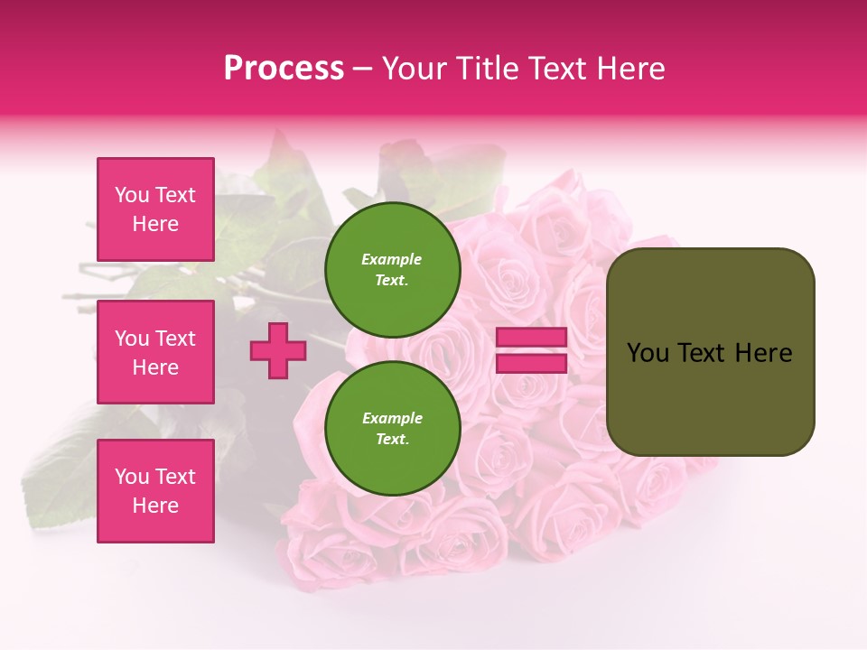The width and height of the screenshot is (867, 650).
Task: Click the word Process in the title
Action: click(284, 69)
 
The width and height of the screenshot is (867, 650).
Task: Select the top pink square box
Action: click(155, 209)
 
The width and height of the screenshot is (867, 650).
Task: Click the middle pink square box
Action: click(155, 352)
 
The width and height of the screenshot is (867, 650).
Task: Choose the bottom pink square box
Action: click(155, 491)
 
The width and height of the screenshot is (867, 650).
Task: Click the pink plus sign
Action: click(278, 350)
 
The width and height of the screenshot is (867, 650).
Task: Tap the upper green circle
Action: click(392, 270)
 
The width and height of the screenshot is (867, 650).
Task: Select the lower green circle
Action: click(392, 429)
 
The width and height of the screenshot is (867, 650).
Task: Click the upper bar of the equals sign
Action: click(531, 338)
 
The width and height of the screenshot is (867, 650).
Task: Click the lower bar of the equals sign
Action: click(531, 363)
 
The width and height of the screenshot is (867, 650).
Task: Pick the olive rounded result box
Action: click(710, 352)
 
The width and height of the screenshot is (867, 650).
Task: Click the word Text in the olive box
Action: click(702, 353)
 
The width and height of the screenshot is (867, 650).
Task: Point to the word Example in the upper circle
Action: click(392, 259)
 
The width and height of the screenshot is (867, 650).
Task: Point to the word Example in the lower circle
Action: click(392, 418)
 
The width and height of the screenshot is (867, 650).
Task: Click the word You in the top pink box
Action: click(132, 195)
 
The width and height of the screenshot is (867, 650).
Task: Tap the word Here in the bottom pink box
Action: click(155, 506)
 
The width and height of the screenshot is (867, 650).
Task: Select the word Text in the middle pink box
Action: click(175, 339)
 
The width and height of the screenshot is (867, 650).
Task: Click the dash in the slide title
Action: click(362, 69)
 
